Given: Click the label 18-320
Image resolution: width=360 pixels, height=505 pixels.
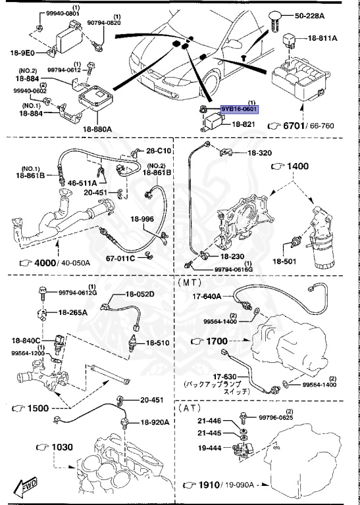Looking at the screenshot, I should (259, 153).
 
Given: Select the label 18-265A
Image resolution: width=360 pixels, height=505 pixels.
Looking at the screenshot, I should (73, 313).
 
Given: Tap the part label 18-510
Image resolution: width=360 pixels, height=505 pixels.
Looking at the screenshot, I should (158, 343).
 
